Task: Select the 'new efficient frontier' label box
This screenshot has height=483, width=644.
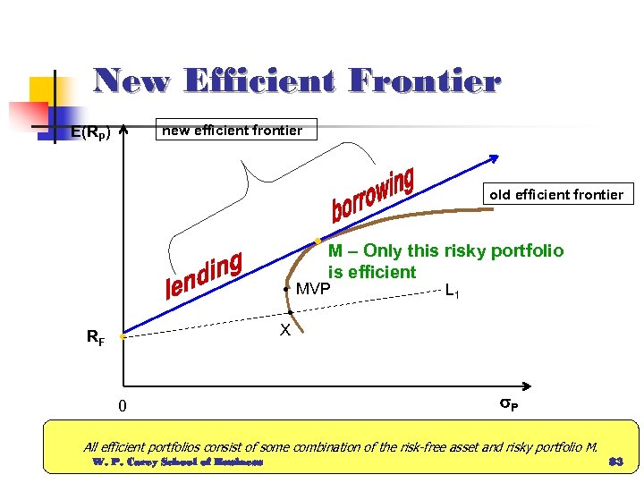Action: pos(233,131)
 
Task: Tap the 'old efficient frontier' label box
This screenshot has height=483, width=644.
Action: pos(556,194)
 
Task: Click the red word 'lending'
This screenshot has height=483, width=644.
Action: pos(205,275)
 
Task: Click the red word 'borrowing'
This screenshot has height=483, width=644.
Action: pos(372,195)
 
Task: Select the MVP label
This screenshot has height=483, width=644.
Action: pos(313,289)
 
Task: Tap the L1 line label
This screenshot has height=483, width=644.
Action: pos(453,291)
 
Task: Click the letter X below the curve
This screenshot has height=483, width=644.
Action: pos(284,330)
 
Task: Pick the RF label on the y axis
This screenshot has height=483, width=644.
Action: pos(95,338)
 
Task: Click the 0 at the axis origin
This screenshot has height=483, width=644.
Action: pos(123,407)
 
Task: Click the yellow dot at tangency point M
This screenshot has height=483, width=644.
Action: pos(318,241)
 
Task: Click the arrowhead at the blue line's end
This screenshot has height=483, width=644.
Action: pos(494,157)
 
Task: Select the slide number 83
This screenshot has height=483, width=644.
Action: pos(614,462)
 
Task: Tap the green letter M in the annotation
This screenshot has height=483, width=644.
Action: pos(335,250)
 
